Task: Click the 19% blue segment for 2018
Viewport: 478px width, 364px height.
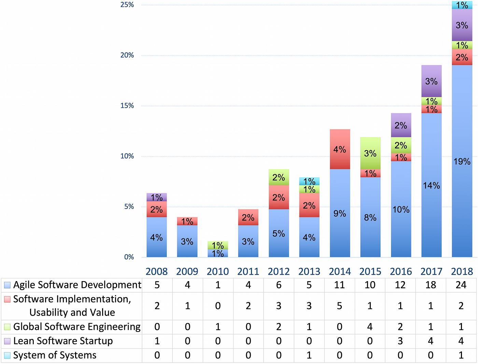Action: pyautogui.click(x=462, y=161)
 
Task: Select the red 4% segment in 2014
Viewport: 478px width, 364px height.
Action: pyautogui.click(x=340, y=149)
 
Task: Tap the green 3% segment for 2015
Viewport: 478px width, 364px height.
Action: pyautogui.click(x=370, y=153)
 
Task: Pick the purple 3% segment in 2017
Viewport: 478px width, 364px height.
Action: pyautogui.click(x=432, y=81)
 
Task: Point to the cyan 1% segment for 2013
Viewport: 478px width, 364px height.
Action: pyautogui.click(x=309, y=181)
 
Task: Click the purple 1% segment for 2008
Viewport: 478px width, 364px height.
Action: pyautogui.click(x=157, y=197)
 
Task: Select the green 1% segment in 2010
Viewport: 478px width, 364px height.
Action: pyautogui.click(x=218, y=245)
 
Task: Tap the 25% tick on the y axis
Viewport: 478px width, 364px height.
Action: pyautogui.click(x=127, y=5)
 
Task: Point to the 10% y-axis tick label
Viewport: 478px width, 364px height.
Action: pyautogui.click(x=127, y=156)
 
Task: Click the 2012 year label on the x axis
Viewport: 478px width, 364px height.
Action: pyautogui.click(x=279, y=272)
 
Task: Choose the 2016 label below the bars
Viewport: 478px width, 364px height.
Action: pyautogui.click(x=401, y=272)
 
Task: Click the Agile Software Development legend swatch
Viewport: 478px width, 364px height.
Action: pyautogui.click(x=7, y=285)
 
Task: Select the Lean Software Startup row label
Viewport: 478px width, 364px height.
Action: pyautogui.click(x=63, y=341)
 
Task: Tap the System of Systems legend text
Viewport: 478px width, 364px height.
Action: pyautogui.click(x=55, y=355)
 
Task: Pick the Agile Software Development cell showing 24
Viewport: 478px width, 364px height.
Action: pyautogui.click(x=461, y=285)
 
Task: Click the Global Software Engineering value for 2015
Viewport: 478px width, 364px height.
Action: pyautogui.click(x=370, y=327)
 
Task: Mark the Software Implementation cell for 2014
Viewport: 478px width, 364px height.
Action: pyautogui.click(x=339, y=306)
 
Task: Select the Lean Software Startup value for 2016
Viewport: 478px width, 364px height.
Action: pyautogui.click(x=400, y=341)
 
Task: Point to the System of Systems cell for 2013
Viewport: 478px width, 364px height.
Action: pyautogui.click(x=309, y=355)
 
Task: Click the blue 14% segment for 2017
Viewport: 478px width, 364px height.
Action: pyautogui.click(x=432, y=185)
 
